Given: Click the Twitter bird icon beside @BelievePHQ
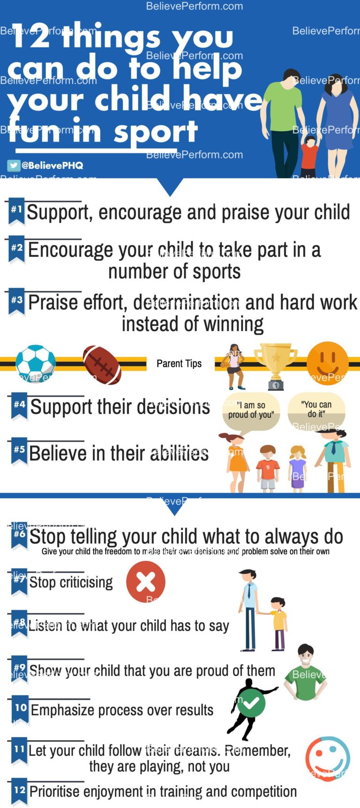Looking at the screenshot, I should [13, 165].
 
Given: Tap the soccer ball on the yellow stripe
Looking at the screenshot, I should [36, 364].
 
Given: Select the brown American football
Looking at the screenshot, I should [102, 365].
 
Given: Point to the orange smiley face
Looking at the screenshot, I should [328, 362].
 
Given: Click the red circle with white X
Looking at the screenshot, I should [146, 582].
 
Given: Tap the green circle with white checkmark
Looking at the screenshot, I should [251, 703].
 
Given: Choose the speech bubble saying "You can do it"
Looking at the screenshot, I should [316, 409].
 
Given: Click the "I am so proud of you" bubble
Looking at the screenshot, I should [251, 411].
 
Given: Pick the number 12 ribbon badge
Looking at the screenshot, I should [20, 791].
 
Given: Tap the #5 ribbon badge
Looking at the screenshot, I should [20, 451].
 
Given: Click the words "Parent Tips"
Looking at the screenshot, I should [179, 363].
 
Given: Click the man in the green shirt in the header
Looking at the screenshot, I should [285, 120].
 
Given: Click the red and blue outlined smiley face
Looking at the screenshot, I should [328, 758].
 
